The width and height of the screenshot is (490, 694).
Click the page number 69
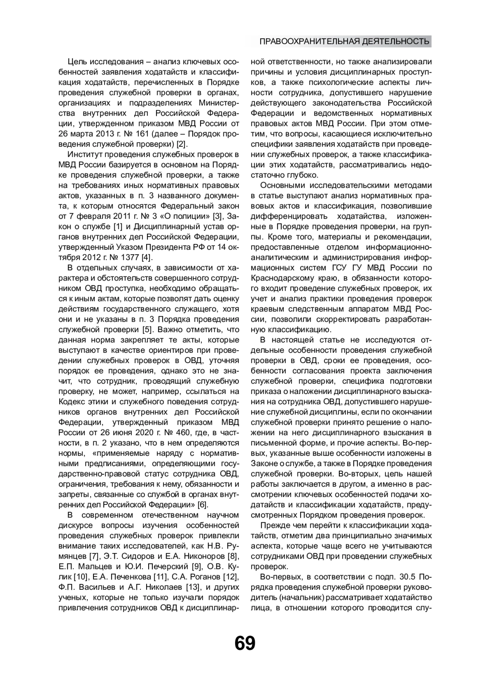tap(245, 643)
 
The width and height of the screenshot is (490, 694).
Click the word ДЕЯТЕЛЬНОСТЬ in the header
tap(394, 42)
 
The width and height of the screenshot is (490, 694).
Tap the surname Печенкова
tap(130, 577)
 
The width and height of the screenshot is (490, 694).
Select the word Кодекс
tap(70, 401)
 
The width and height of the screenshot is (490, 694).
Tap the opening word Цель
tap(76, 62)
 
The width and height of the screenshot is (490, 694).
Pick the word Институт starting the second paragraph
tap(84, 154)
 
